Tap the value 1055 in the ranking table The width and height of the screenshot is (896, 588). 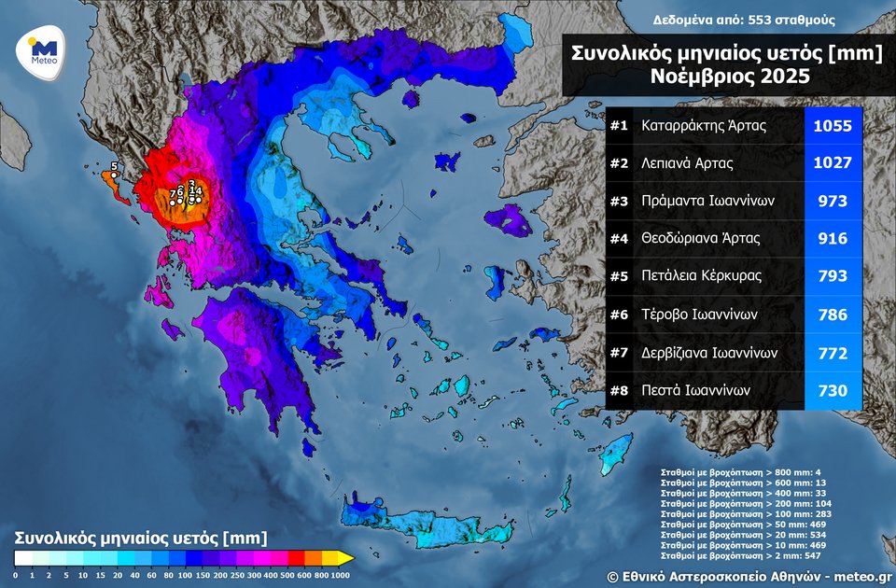[x=833, y=125]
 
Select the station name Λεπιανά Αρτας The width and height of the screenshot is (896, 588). [x=687, y=163]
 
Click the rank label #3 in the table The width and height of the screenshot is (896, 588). [x=619, y=201]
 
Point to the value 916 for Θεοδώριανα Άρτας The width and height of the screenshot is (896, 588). [x=833, y=239]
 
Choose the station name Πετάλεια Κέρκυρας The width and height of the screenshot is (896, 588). [x=701, y=276]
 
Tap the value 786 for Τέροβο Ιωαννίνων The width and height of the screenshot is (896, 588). [x=833, y=315]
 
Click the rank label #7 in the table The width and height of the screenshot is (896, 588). [x=619, y=353]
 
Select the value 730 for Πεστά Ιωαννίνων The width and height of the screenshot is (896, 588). [x=833, y=391]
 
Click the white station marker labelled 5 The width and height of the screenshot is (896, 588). [x=114, y=175]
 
